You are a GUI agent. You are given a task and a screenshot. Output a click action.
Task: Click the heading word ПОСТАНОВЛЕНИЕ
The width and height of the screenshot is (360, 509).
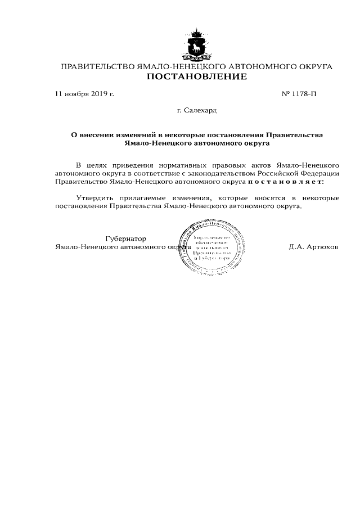point(197,77)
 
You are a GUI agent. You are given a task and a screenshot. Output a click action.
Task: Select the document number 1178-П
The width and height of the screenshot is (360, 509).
point(303,94)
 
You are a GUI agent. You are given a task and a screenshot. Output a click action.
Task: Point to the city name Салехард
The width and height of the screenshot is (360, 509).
point(201,111)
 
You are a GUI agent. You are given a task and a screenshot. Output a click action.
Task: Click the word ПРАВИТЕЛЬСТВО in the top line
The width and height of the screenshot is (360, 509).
point(97,67)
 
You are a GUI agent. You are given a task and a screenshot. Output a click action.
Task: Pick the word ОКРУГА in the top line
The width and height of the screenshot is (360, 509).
point(313,67)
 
